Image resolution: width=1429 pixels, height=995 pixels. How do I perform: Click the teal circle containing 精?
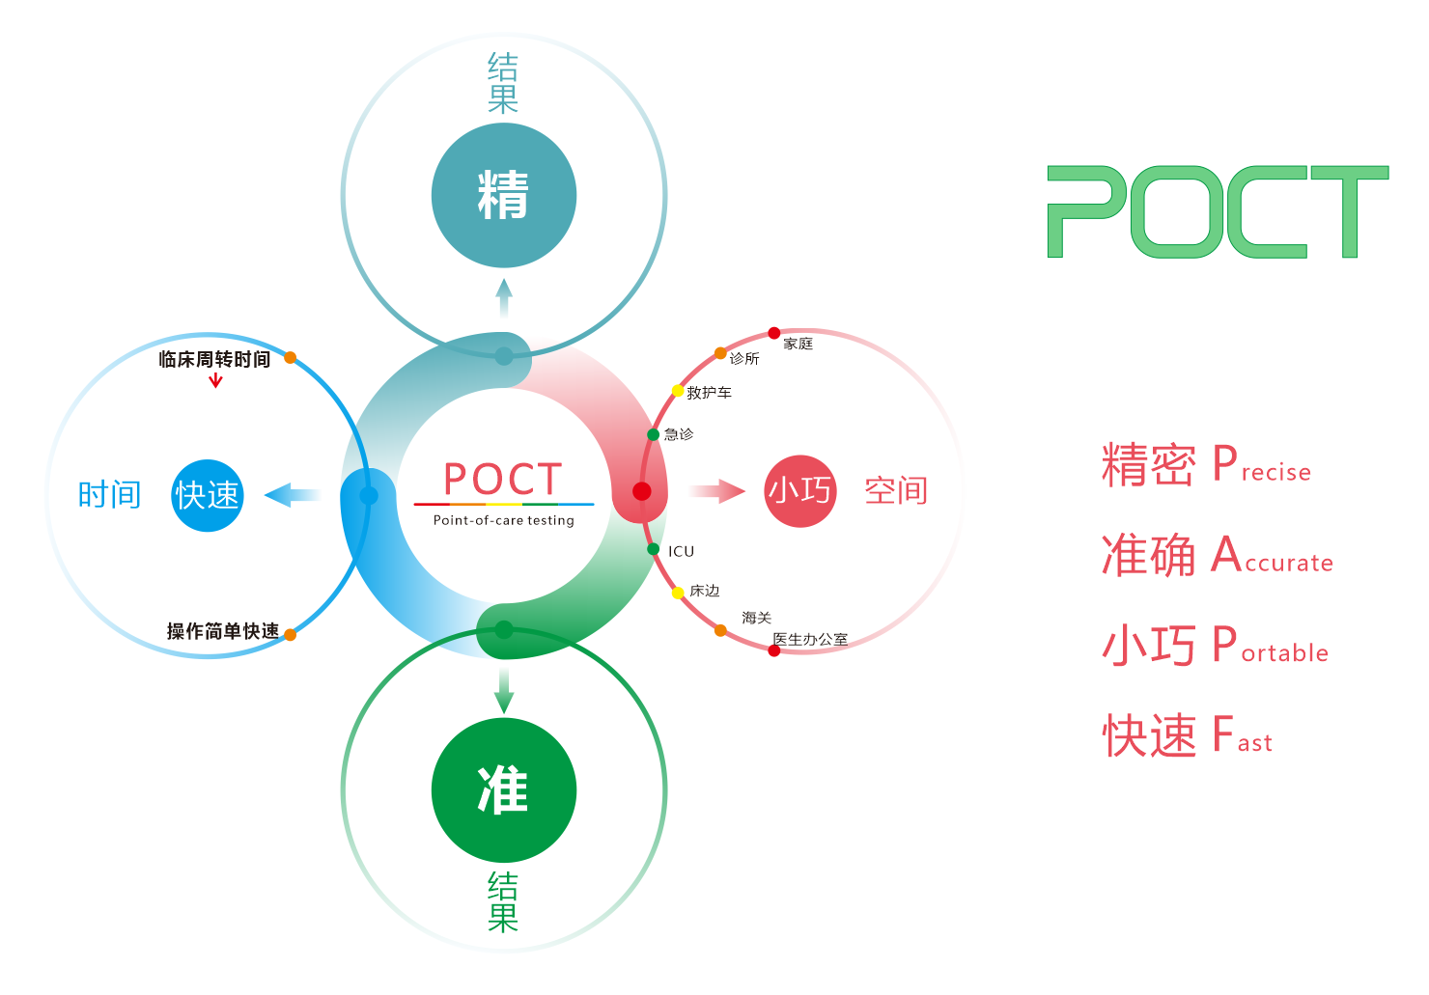click(x=504, y=196)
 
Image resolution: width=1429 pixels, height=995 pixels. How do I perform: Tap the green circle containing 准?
click(x=504, y=790)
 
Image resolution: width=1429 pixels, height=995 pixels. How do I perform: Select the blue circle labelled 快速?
click(x=207, y=496)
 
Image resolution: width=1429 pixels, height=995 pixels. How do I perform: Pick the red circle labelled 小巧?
click(x=799, y=491)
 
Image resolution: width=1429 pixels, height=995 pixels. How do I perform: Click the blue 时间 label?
click(x=109, y=495)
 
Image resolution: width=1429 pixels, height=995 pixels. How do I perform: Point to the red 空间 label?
click(x=896, y=491)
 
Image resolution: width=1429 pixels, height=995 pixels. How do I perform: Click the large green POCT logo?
click(x=1218, y=212)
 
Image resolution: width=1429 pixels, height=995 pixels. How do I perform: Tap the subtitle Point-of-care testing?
click(x=503, y=520)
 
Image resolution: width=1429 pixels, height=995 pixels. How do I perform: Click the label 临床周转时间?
click(x=214, y=359)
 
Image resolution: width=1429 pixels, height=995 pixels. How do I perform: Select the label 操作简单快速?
click(x=223, y=631)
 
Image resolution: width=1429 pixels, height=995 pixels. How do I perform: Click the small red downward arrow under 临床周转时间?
click(x=215, y=380)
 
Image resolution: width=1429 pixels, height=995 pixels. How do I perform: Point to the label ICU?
click(x=681, y=551)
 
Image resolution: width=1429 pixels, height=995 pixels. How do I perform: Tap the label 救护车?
click(x=709, y=393)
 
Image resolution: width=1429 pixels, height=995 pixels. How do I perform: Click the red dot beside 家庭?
click(x=774, y=333)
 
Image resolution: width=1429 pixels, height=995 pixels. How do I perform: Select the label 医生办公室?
click(x=811, y=639)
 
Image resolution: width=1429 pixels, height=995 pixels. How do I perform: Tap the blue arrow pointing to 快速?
click(x=293, y=496)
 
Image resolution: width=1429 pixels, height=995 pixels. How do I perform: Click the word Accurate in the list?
click(x=1273, y=557)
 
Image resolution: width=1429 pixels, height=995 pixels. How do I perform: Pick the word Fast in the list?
click(x=1242, y=736)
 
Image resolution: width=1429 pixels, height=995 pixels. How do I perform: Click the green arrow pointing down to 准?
click(x=504, y=691)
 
